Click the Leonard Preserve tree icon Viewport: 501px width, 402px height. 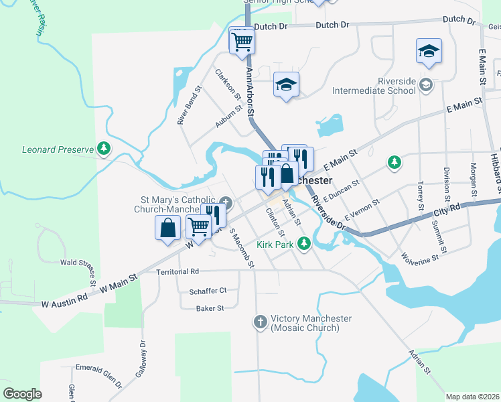pos(104,148)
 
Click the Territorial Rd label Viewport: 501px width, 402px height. pos(177,271)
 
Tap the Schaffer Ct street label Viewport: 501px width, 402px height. pos(208,291)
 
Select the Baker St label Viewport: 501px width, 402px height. pos(210,308)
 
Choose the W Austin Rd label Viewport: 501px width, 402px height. pos(64,299)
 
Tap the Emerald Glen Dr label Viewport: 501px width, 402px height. pos(98,375)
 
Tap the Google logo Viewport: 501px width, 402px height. pos(23,394)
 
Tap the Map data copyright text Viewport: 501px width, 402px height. pos(472,397)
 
